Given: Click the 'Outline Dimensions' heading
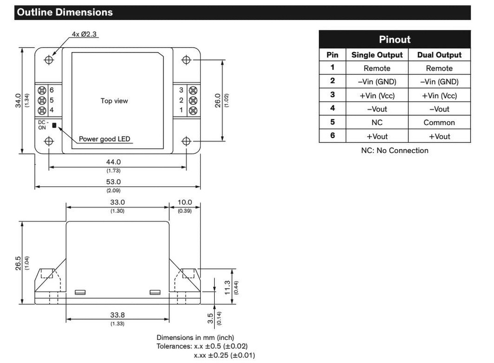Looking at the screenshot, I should click(x=65, y=13).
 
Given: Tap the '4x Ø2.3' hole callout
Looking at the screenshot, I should click(x=85, y=34).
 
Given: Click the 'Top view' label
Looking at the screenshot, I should click(x=114, y=101).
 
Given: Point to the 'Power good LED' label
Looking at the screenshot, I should click(x=105, y=139).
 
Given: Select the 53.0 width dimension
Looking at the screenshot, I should click(x=114, y=182).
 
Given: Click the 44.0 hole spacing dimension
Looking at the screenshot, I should click(x=113, y=162).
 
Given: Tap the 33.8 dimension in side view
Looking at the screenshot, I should click(x=117, y=315).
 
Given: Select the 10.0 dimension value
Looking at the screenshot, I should click(x=184, y=202).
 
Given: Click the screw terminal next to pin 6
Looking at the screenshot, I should click(x=42, y=90).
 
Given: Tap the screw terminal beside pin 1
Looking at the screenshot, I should click(x=193, y=111).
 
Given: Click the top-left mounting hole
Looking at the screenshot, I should click(x=49, y=60).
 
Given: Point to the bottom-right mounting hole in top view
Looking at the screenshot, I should click(x=187, y=141).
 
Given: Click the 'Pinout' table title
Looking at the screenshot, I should click(x=395, y=40).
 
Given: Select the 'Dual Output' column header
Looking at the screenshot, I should click(x=439, y=55).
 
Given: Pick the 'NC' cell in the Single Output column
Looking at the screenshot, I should click(x=377, y=123).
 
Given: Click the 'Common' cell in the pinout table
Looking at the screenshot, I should click(x=439, y=123).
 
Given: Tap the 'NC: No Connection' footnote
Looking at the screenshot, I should click(x=395, y=151).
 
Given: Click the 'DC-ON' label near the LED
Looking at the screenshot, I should click(x=43, y=125).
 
